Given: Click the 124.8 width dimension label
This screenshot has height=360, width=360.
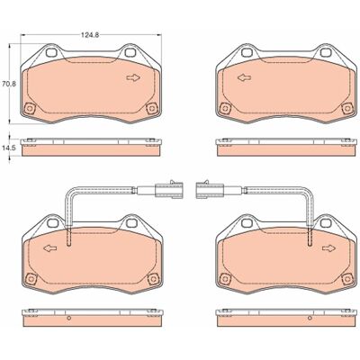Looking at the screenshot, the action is coord(90,35).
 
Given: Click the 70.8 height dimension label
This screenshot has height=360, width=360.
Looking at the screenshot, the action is coord(9,84).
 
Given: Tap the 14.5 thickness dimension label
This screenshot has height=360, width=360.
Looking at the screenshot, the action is coord(8,148).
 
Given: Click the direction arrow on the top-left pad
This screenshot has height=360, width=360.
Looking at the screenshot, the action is coord(133,77).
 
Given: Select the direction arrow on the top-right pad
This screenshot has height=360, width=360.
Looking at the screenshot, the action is coord(244,77).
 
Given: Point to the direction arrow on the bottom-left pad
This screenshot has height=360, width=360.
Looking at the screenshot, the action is coord(50,248).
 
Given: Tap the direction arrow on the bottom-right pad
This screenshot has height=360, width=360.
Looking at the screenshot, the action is coord(329,248).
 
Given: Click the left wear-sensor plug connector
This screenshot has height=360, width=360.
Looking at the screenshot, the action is coord(168,190).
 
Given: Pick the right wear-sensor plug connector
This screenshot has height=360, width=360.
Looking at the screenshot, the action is coord(210,190).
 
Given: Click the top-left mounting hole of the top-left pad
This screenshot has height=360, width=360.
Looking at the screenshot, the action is coord(51,52).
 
